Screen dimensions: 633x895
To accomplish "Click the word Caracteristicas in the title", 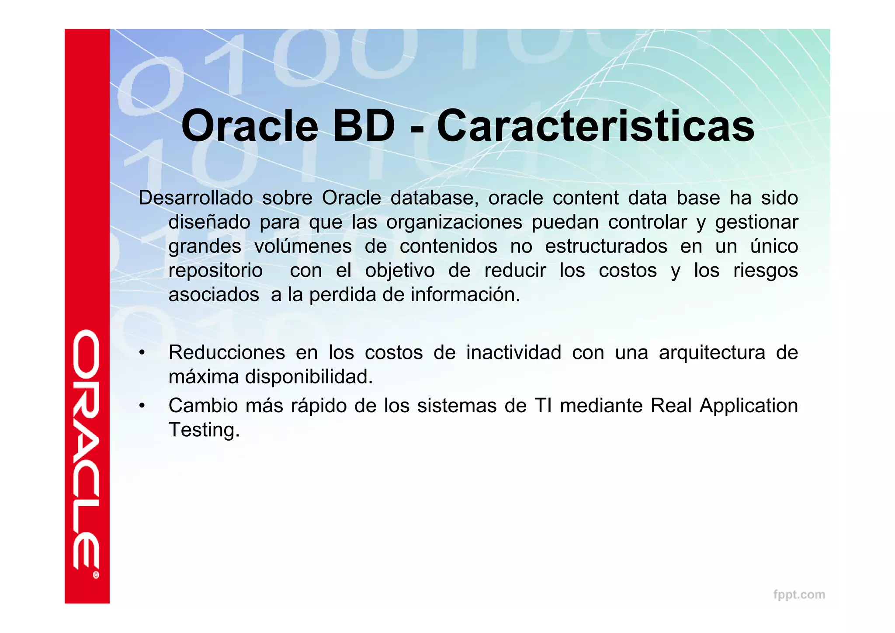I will tap(595, 126).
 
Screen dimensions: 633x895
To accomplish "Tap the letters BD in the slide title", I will tap(364, 126).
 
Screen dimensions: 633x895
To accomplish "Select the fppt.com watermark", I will tap(799, 595).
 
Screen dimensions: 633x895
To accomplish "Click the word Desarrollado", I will tap(195, 198).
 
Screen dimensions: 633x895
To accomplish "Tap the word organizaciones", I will tap(454, 223).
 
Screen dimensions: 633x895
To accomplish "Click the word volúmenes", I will tap(303, 247).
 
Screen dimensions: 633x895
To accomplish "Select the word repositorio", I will tap(215, 271).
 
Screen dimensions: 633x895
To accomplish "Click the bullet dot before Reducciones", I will tap(142, 353).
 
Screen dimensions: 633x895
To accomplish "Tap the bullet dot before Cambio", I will tap(142, 406).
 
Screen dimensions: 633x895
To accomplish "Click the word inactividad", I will tap(513, 353).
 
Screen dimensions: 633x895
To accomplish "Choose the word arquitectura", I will tap(712, 353).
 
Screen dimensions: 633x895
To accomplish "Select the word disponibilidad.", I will tap(309, 377).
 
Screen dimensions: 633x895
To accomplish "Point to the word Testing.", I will tap(204, 430).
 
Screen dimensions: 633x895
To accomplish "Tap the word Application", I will tap(749, 406).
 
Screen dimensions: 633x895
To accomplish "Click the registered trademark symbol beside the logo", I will tap(96, 575).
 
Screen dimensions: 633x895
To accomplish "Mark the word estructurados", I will tap(606, 247).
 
